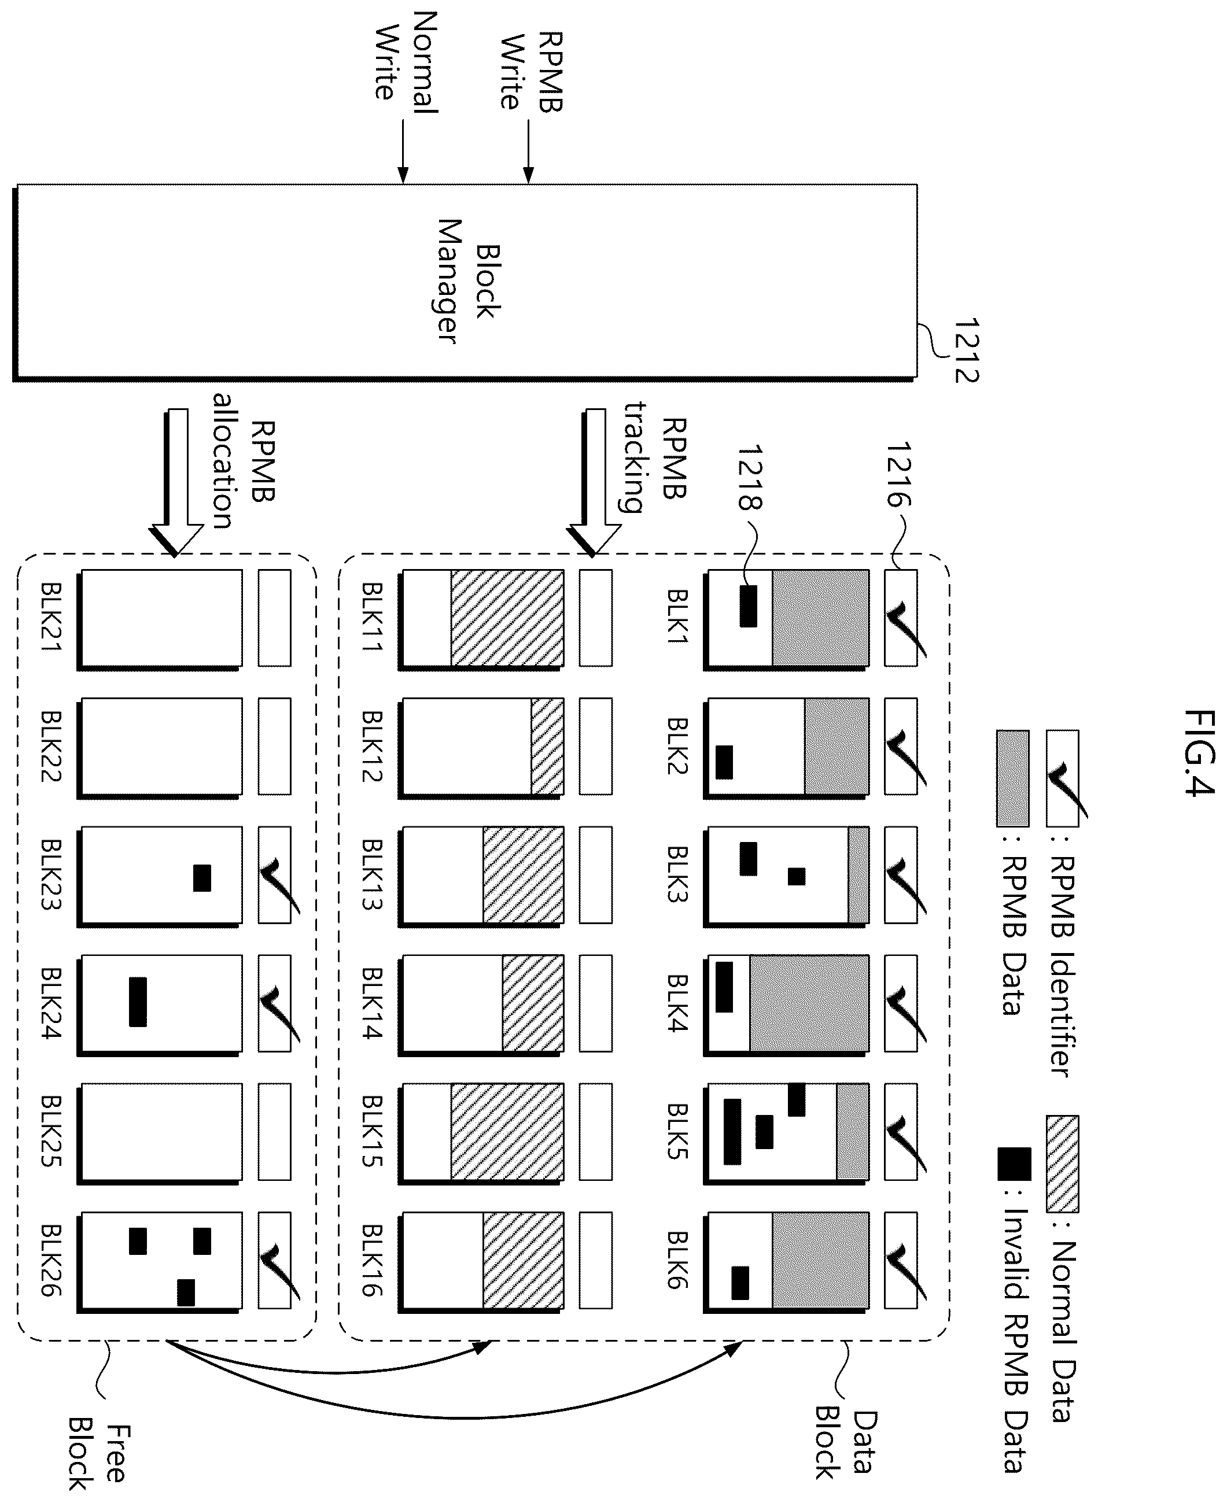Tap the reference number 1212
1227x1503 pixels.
(x=966, y=351)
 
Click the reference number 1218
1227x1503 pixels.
(x=749, y=477)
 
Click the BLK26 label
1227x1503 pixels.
(x=51, y=1261)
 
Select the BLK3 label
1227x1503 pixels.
(x=678, y=873)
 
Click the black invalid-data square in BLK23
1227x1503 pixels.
(x=202, y=878)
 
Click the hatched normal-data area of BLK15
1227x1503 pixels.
(x=507, y=1132)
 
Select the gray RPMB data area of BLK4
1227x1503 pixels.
(x=809, y=1003)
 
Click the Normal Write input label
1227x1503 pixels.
(x=406, y=62)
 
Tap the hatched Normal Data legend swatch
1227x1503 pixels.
(x=1062, y=1164)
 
